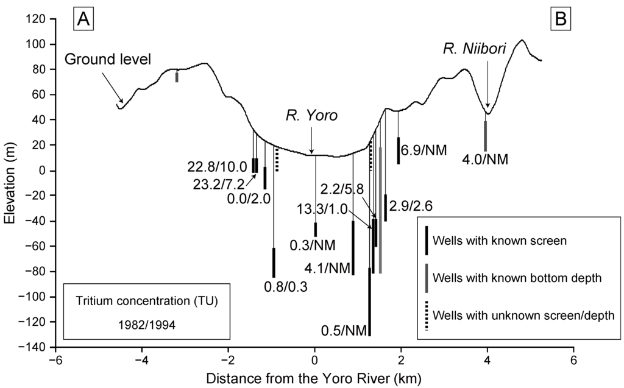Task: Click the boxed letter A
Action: click(x=83, y=19)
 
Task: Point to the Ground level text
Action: click(x=108, y=60)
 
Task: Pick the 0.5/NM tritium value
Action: click(x=344, y=331)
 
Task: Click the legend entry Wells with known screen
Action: click(x=500, y=239)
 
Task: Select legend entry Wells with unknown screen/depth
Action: click(x=522, y=315)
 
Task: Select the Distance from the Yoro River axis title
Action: click(x=314, y=378)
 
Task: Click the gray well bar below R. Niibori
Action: click(x=486, y=136)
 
